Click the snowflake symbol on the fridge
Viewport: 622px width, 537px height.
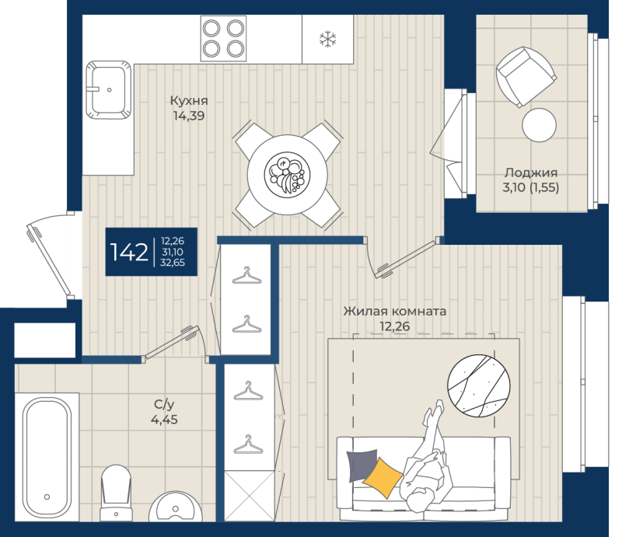tap(328, 39)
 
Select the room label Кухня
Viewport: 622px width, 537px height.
tap(190, 101)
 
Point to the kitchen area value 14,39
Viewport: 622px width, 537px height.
tap(190, 117)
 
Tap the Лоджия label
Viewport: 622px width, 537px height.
tap(531, 173)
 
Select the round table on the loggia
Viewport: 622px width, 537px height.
tap(539, 124)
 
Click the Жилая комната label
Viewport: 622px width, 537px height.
tap(395, 311)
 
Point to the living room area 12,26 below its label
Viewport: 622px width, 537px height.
tap(394, 326)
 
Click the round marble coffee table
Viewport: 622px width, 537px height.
tap(480, 385)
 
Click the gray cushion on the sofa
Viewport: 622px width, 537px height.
tap(362, 465)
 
